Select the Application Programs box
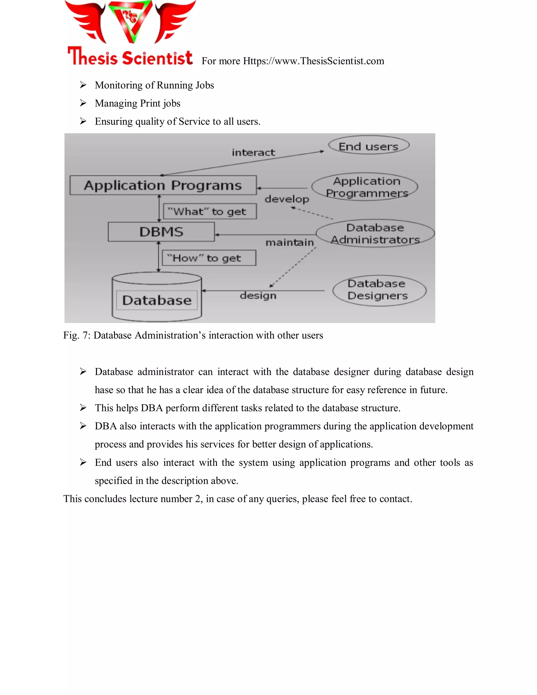(163, 185)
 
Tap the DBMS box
(161, 232)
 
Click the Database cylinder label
(157, 300)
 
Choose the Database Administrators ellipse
(375, 233)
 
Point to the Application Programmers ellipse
(366, 187)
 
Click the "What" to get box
(210, 212)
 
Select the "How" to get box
(209, 258)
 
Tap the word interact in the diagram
(253, 153)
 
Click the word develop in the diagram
(287, 199)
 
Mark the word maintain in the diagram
(289, 243)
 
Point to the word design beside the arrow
(258, 296)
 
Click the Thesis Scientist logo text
(130, 57)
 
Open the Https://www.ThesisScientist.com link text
(313, 61)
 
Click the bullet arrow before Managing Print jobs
(83, 103)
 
